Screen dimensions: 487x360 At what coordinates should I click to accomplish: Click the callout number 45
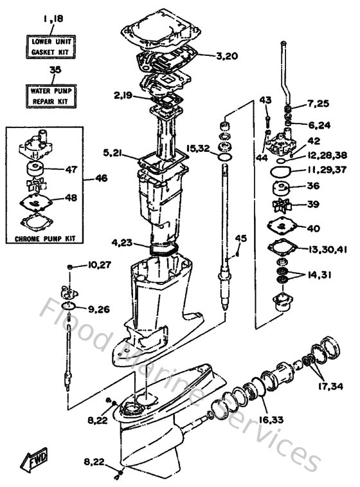240,239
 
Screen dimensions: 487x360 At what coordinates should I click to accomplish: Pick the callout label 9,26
99,309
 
